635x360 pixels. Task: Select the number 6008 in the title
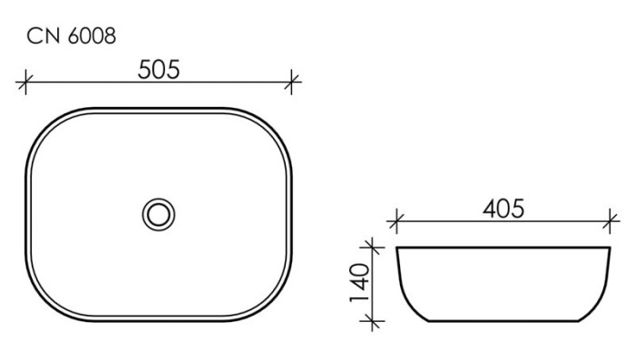[92, 35]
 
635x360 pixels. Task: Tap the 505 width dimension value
[160, 70]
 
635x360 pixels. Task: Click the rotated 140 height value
[360, 282]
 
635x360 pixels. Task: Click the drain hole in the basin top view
[159, 214]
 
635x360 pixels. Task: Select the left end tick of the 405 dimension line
[395, 221]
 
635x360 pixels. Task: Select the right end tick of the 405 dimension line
[613, 221]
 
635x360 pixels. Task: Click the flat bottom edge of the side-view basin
[503, 321]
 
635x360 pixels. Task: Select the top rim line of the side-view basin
[503, 247]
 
